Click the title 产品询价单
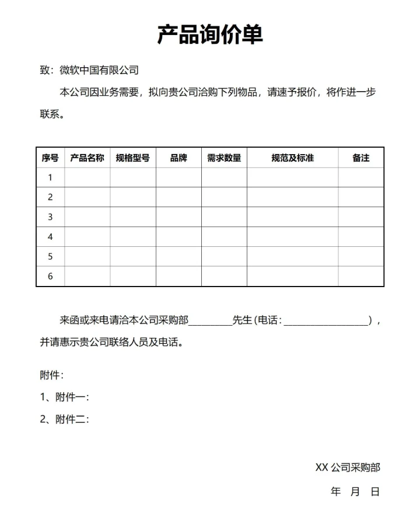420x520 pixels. point(210,34)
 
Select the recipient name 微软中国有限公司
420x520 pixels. point(99,71)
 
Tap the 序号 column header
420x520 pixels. point(50,158)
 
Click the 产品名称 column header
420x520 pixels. point(87,158)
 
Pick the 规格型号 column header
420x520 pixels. point(133,158)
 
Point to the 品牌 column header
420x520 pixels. point(178,158)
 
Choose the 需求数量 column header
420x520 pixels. point(224,158)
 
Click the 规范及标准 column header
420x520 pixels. point(292,158)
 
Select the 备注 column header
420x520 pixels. point(360,158)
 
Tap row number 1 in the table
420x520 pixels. point(50,177)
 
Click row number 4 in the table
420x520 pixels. point(50,237)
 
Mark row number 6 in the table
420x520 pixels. point(50,276)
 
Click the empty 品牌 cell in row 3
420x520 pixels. point(178,217)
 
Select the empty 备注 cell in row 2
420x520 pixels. point(360,197)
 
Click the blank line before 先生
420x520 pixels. point(210,321)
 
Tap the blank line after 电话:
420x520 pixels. point(327,321)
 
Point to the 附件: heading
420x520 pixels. point(52,375)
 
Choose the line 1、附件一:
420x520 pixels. point(64,397)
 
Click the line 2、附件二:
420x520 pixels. point(64,419)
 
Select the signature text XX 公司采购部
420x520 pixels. point(348,467)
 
